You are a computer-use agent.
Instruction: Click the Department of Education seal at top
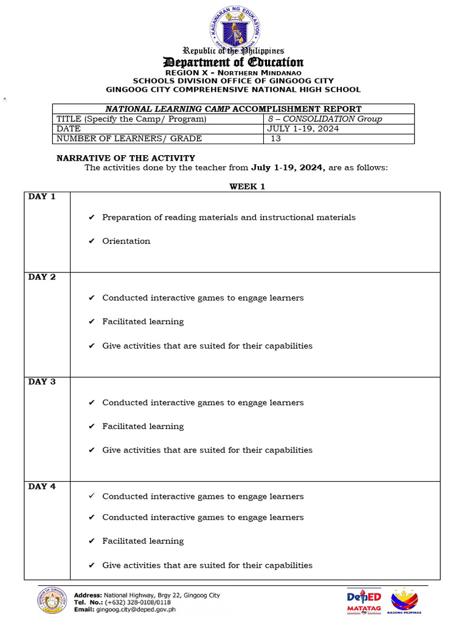233,27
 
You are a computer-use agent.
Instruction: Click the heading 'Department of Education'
233,62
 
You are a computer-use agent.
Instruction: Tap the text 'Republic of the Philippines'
233,51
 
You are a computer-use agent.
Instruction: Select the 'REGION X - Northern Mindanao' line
233,72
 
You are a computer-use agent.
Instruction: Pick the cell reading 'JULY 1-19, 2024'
303,128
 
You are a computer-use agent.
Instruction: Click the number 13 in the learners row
276,139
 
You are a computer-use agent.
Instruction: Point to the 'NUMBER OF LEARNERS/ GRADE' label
129,139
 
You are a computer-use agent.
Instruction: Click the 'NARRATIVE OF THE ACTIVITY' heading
126,158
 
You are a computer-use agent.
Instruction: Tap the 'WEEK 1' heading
247,187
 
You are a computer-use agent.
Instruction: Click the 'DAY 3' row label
42,381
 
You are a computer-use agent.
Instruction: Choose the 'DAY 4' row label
42,486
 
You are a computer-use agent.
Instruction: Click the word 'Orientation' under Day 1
126,241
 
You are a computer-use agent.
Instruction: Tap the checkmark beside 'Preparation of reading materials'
91,217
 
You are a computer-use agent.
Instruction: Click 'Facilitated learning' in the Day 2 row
143,321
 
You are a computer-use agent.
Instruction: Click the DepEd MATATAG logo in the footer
364,600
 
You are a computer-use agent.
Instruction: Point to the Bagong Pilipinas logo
404,600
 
